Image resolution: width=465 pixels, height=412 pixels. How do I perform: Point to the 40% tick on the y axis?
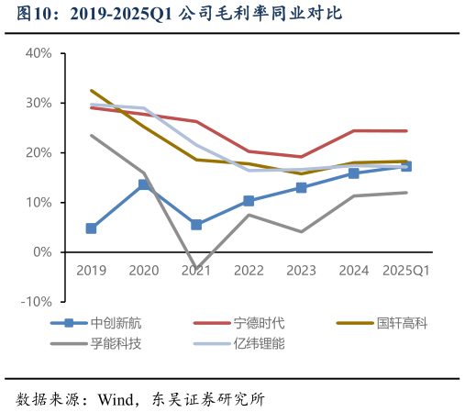tap(38, 53)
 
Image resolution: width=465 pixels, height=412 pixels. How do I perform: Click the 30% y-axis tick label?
tap(38, 103)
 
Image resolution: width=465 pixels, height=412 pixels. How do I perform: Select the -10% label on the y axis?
tap(36, 302)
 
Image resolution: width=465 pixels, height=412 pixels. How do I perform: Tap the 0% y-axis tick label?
tap(41, 252)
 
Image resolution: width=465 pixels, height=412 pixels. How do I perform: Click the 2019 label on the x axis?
tap(91, 271)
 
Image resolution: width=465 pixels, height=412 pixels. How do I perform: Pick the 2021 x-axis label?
tap(196, 271)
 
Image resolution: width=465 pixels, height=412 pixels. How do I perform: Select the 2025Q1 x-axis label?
tap(406, 271)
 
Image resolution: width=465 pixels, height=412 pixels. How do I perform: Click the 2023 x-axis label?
tap(301, 271)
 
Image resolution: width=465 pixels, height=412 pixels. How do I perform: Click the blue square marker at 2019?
tap(91, 228)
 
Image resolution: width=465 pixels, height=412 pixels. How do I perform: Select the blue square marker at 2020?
tap(144, 184)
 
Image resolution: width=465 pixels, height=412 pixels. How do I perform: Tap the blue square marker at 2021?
tap(196, 225)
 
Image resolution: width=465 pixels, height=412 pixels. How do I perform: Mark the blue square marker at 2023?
tap(301, 187)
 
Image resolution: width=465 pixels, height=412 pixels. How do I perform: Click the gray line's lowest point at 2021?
tap(196, 269)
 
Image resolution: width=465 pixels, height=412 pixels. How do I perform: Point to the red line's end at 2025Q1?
tap(406, 131)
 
